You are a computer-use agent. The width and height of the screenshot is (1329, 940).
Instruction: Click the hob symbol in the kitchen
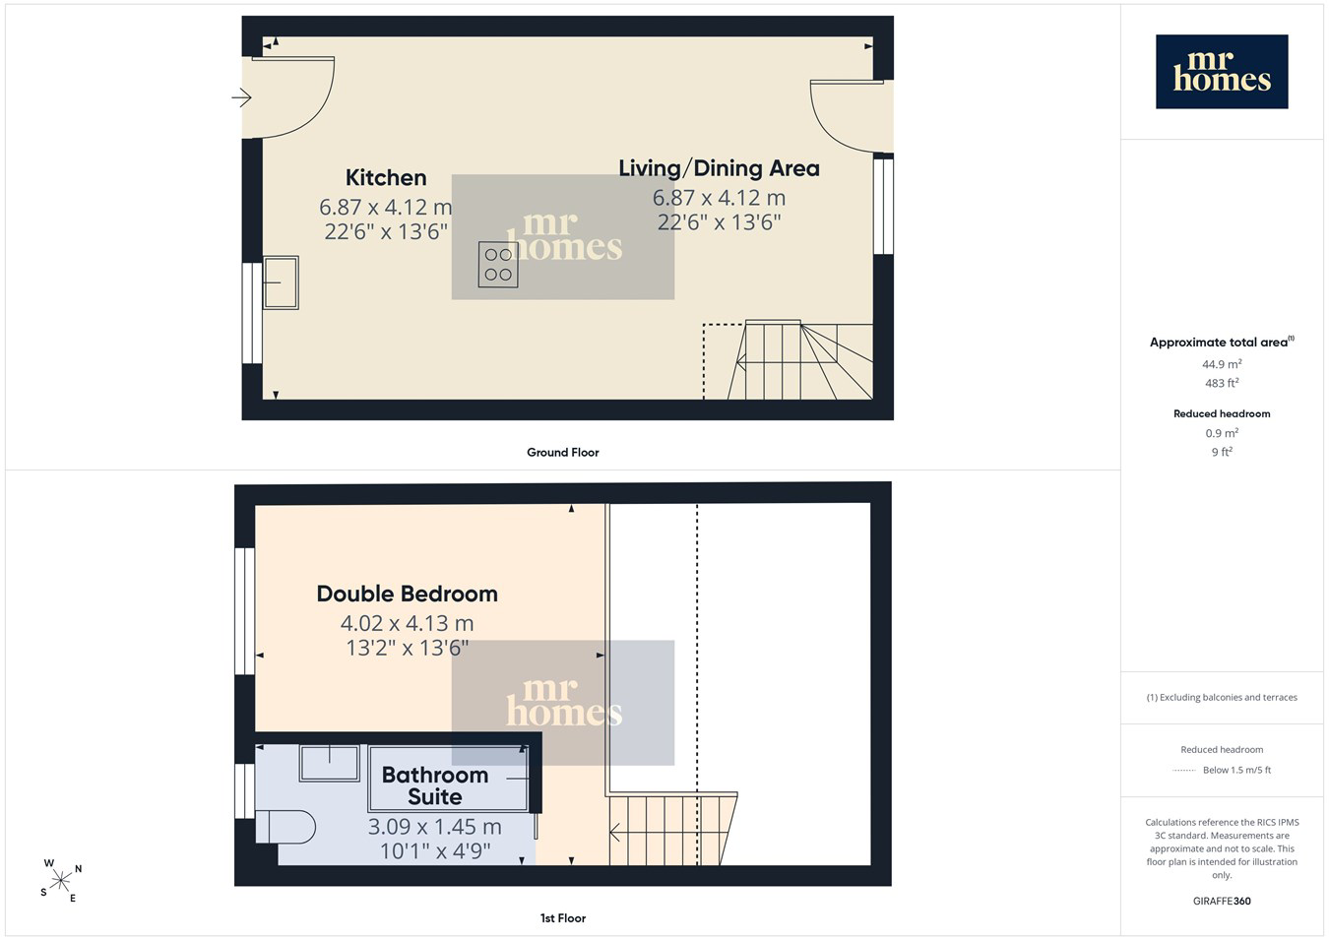[x=498, y=265]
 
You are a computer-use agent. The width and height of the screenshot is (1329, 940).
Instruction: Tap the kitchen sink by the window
[x=281, y=282]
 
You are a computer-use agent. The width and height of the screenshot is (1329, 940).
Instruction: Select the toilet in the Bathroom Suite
[x=285, y=827]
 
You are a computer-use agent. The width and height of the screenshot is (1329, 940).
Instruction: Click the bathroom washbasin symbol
[x=329, y=763]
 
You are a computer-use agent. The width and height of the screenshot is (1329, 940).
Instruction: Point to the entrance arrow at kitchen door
[x=241, y=97]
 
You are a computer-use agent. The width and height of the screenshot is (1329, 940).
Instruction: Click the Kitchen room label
[x=386, y=177]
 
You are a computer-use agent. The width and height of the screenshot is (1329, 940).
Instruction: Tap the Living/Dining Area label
[x=719, y=168]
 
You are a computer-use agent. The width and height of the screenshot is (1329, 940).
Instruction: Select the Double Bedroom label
[x=407, y=594]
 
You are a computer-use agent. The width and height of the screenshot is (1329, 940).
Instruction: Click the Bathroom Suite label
[x=435, y=785]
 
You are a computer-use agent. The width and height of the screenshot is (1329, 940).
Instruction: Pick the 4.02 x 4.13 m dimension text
[x=407, y=623]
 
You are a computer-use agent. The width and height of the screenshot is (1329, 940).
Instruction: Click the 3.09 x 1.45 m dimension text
[x=435, y=826]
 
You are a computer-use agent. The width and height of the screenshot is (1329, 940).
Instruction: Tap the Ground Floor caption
[x=562, y=452]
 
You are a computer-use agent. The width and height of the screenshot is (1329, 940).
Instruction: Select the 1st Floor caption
[x=562, y=918]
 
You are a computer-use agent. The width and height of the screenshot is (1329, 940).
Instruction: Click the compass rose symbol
[x=60, y=881]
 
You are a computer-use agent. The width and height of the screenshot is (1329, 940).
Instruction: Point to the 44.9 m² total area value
[x=1222, y=363]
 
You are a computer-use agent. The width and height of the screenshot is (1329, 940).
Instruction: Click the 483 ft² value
[x=1222, y=383]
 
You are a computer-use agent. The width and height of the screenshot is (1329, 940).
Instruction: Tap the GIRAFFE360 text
[x=1222, y=901]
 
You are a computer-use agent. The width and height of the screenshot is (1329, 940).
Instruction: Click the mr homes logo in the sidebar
[x=1222, y=71]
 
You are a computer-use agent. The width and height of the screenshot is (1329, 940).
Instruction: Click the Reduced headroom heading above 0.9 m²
[x=1222, y=413]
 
